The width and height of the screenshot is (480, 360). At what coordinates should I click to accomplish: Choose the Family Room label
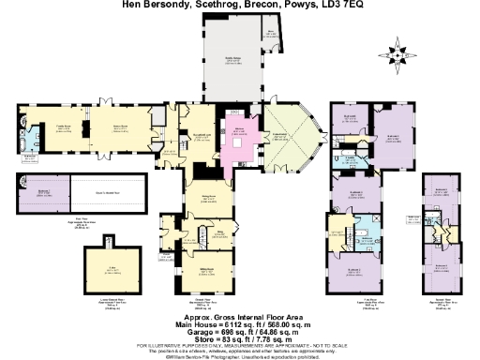click(65, 126)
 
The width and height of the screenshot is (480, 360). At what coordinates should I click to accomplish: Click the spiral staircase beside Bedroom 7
click(21, 185)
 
